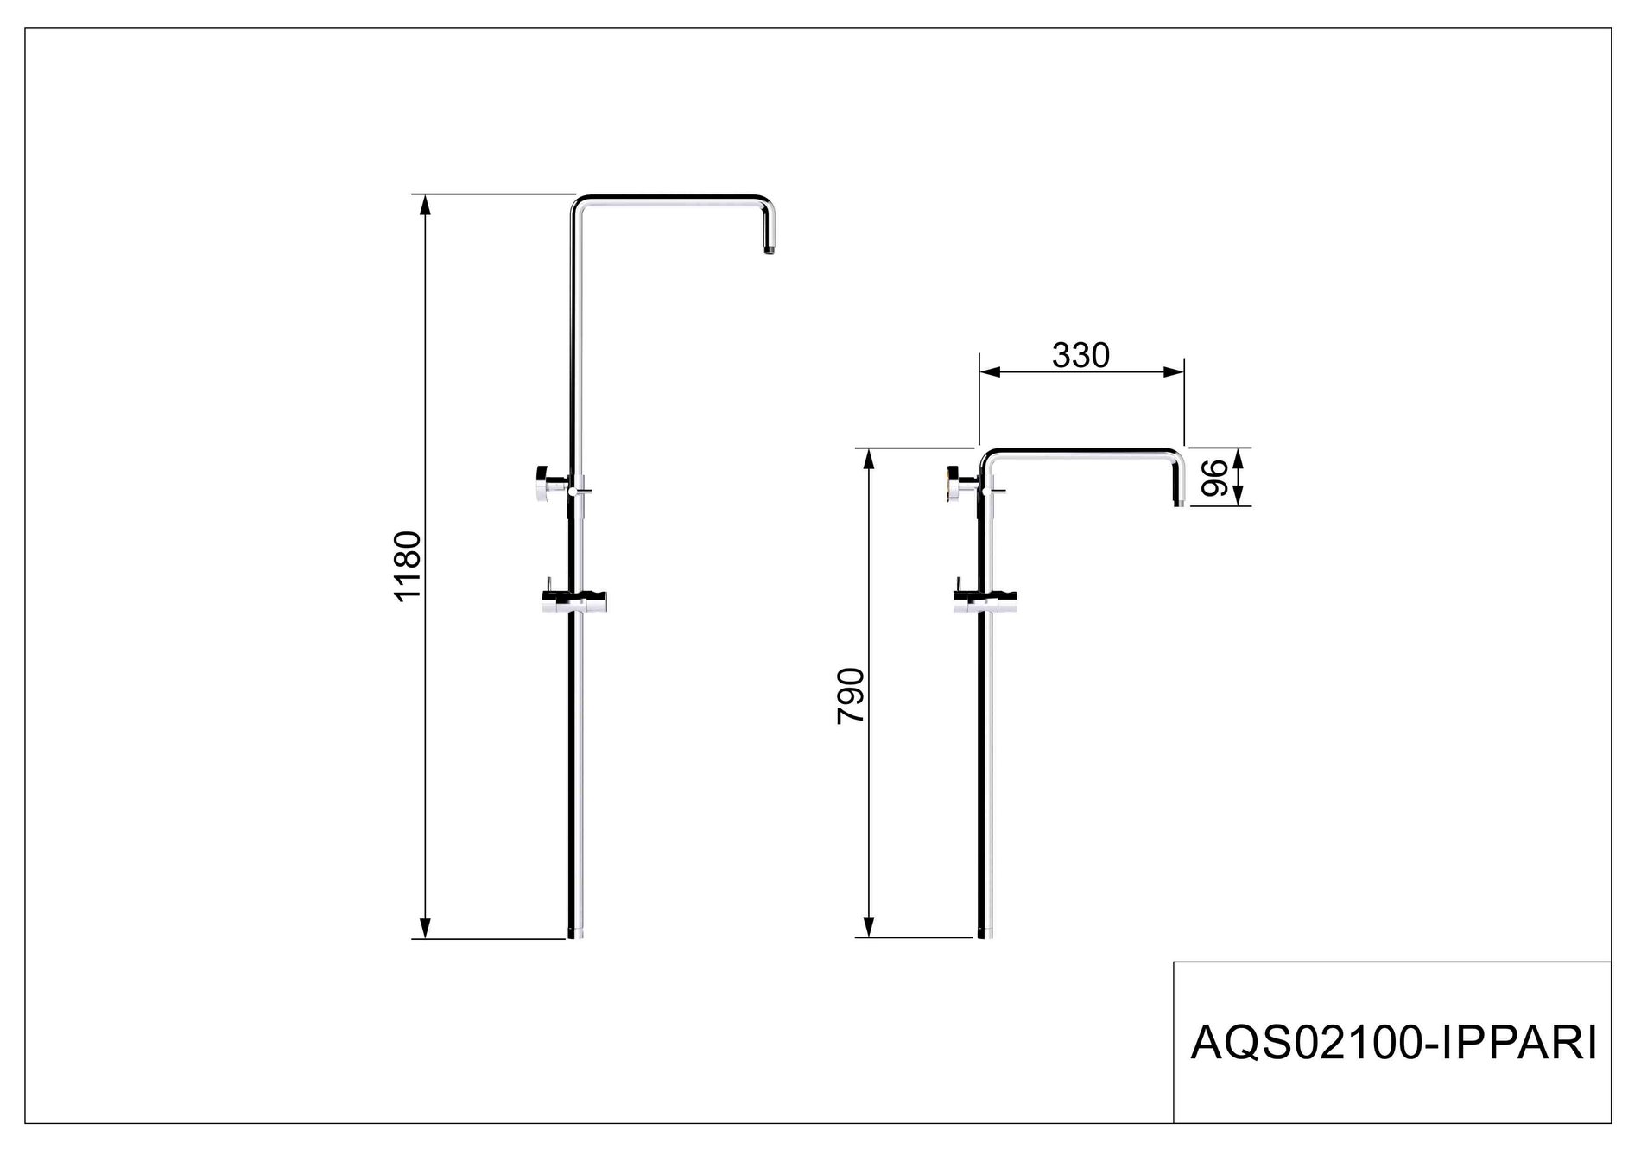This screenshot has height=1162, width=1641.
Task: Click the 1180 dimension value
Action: (x=406, y=566)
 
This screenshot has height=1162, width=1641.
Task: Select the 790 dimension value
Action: (x=851, y=695)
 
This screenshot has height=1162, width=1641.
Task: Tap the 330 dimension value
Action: (x=1080, y=354)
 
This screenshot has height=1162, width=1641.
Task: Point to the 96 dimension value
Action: (x=1215, y=477)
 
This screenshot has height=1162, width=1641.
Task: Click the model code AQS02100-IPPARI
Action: (x=1392, y=1043)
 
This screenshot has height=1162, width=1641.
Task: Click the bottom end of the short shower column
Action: (x=985, y=934)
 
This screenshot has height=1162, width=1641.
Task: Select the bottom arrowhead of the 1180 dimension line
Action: (x=424, y=928)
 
